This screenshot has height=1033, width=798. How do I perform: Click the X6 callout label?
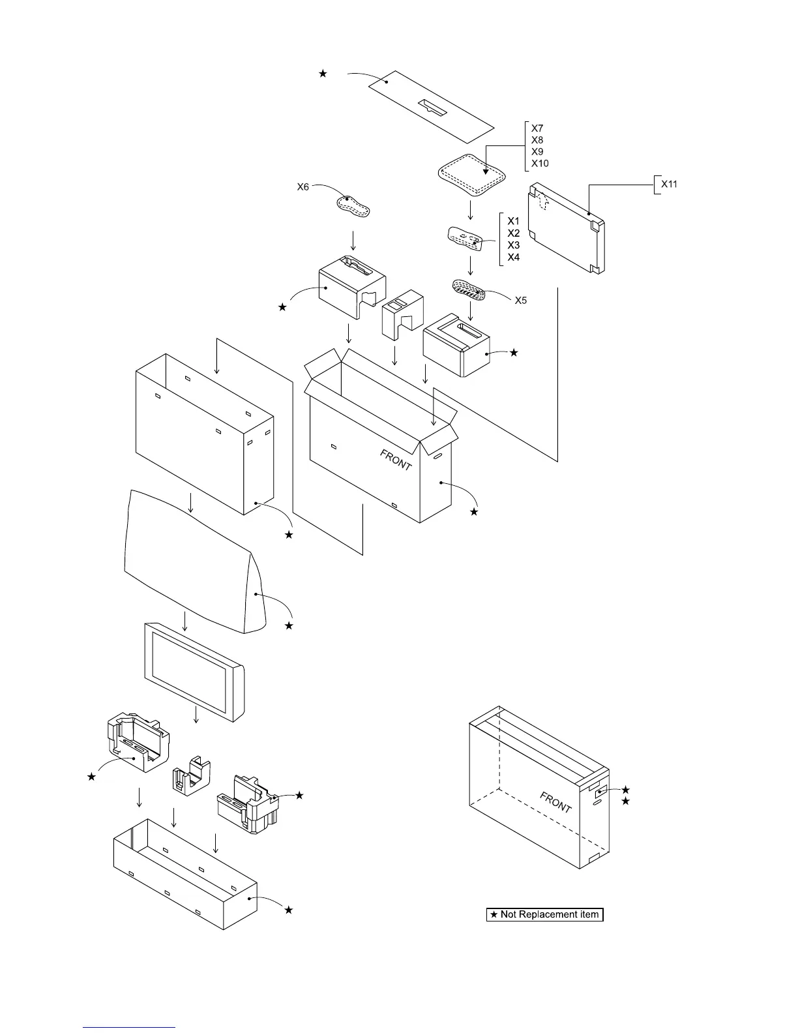(303, 187)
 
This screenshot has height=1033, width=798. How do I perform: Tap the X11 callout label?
(670, 185)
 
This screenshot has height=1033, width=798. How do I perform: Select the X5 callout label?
(522, 301)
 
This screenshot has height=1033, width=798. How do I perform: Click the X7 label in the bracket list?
(537, 128)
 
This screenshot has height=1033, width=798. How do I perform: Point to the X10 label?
(540, 164)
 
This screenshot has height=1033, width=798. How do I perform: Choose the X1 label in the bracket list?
(514, 221)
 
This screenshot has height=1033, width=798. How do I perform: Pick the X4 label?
(514, 258)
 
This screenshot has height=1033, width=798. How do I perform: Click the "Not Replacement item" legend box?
(545, 914)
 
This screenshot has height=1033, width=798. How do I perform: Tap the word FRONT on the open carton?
(396, 460)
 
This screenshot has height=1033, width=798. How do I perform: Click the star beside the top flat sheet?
(322, 74)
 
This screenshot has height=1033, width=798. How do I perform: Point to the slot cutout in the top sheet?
(434, 108)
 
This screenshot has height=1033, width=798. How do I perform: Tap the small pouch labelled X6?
(353, 206)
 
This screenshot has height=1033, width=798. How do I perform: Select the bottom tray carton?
(186, 874)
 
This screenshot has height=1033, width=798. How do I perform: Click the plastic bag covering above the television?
(196, 561)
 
